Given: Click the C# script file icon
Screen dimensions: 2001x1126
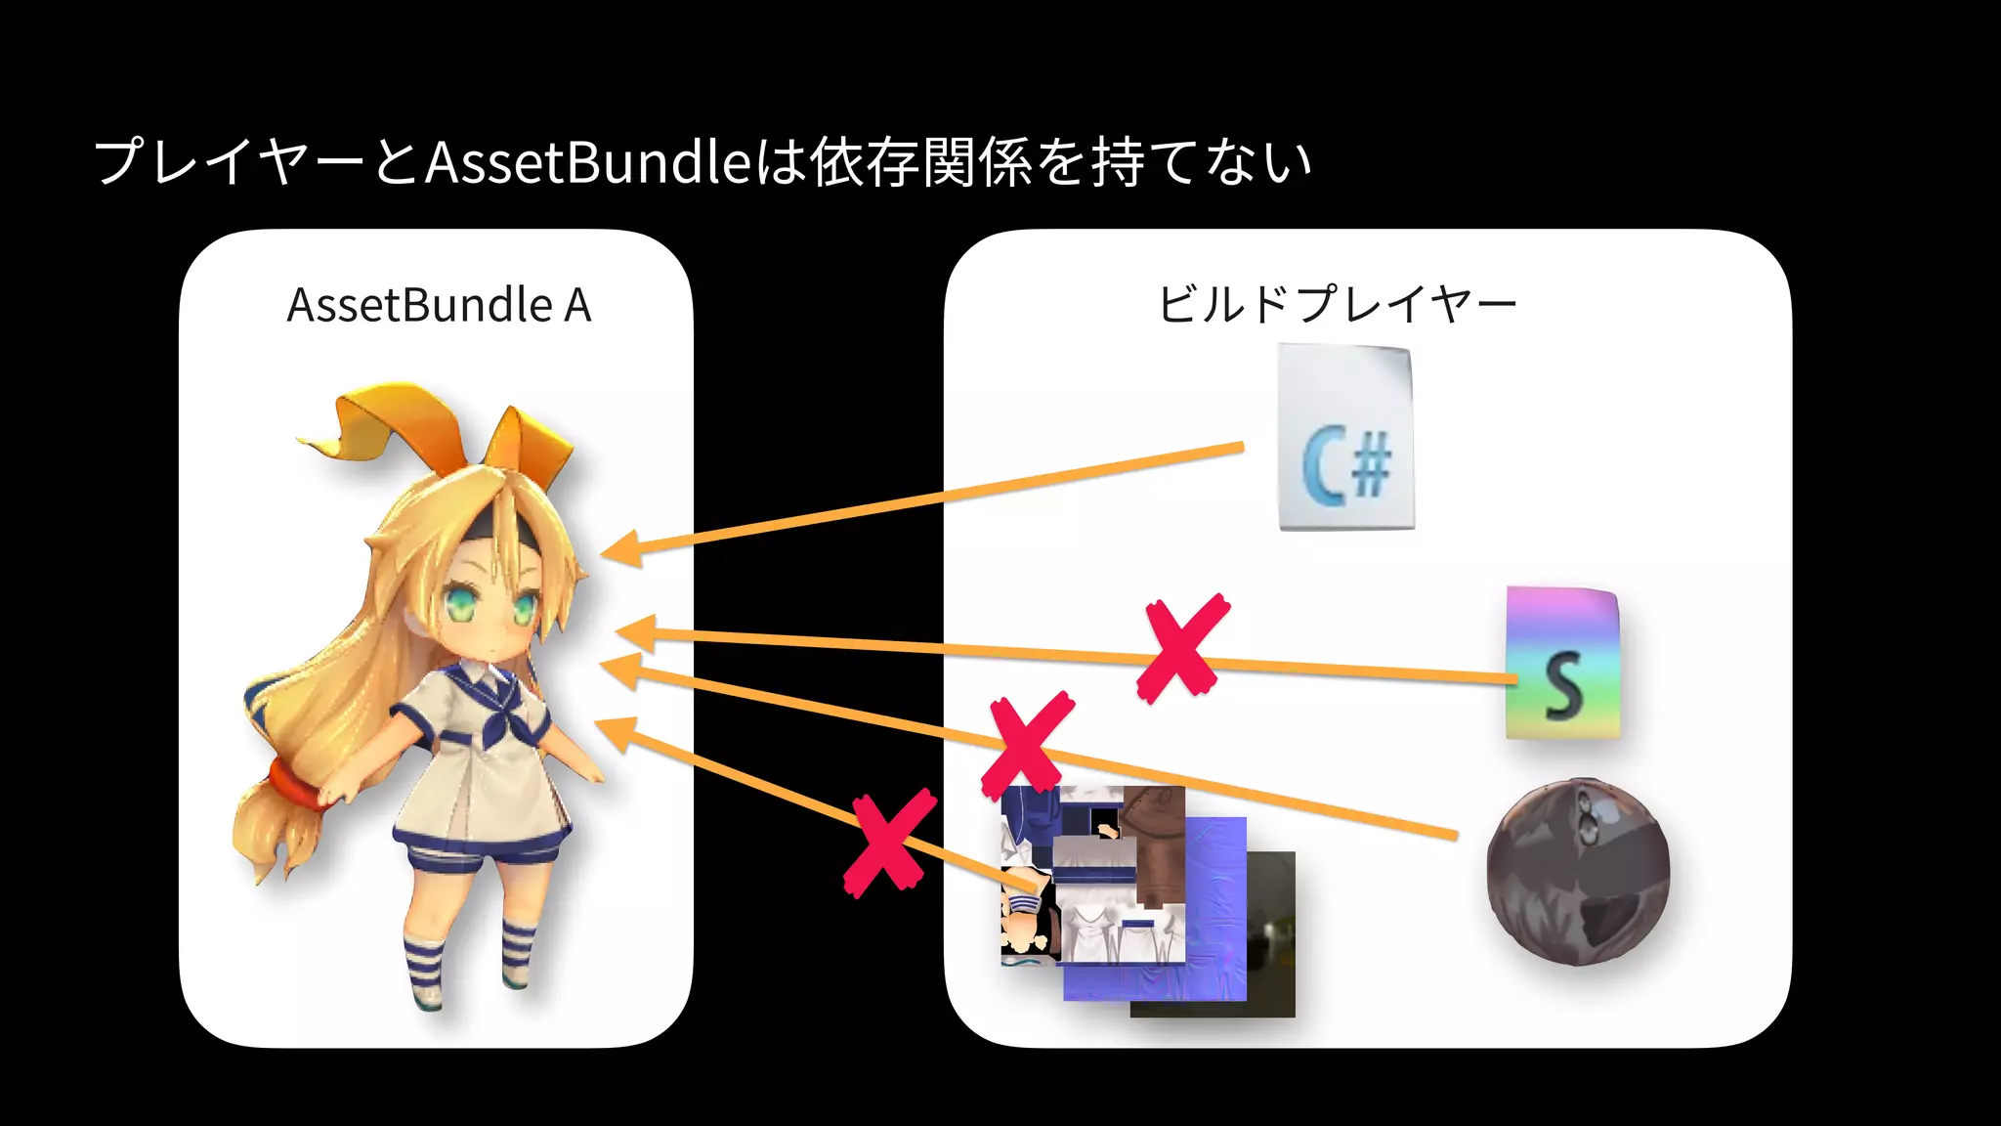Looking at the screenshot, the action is pyautogui.click(x=1346, y=438).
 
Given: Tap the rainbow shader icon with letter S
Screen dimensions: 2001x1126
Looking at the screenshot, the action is pyautogui.click(x=1562, y=663).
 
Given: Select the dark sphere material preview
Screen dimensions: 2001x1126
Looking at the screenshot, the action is pyautogui.click(x=1578, y=871).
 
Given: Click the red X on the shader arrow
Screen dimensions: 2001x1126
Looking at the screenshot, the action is pyautogui.click(x=1182, y=648).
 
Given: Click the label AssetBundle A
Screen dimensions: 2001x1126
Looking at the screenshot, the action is pyautogui.click(x=439, y=305).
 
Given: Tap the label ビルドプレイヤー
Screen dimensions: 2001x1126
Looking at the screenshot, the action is pyautogui.click(x=1337, y=304).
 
